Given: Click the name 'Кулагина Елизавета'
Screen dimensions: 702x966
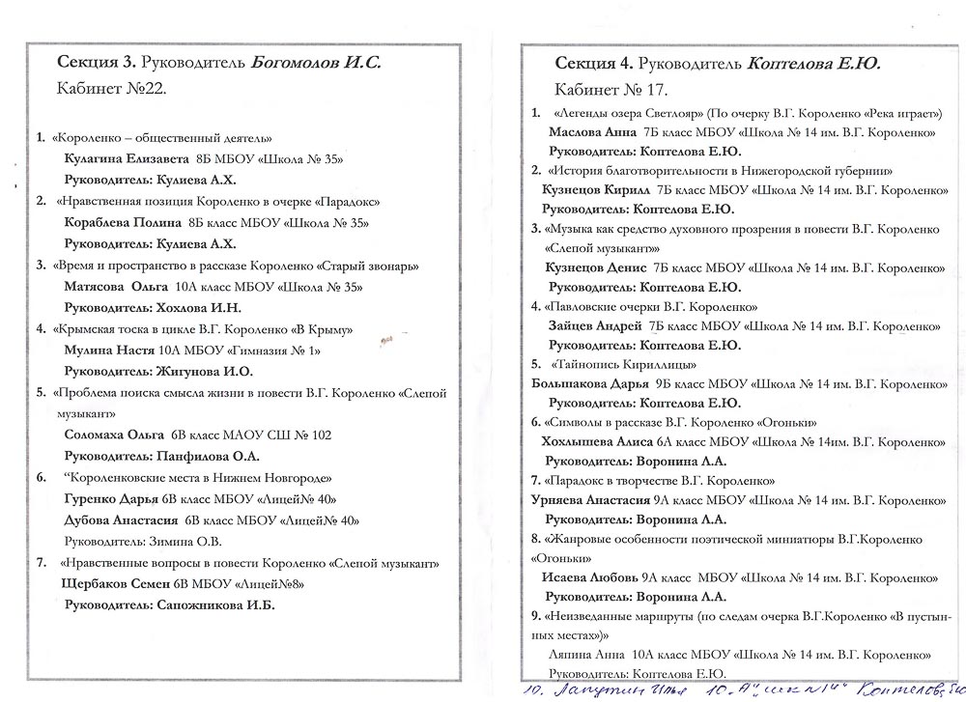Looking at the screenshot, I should [121, 158].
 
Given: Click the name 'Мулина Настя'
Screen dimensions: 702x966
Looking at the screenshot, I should [103, 350].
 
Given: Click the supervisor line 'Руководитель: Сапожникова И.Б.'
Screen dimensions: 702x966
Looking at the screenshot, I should [169, 605].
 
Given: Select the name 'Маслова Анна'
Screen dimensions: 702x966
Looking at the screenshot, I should [592, 131].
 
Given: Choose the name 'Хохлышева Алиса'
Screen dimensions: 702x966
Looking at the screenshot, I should [593, 441].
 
